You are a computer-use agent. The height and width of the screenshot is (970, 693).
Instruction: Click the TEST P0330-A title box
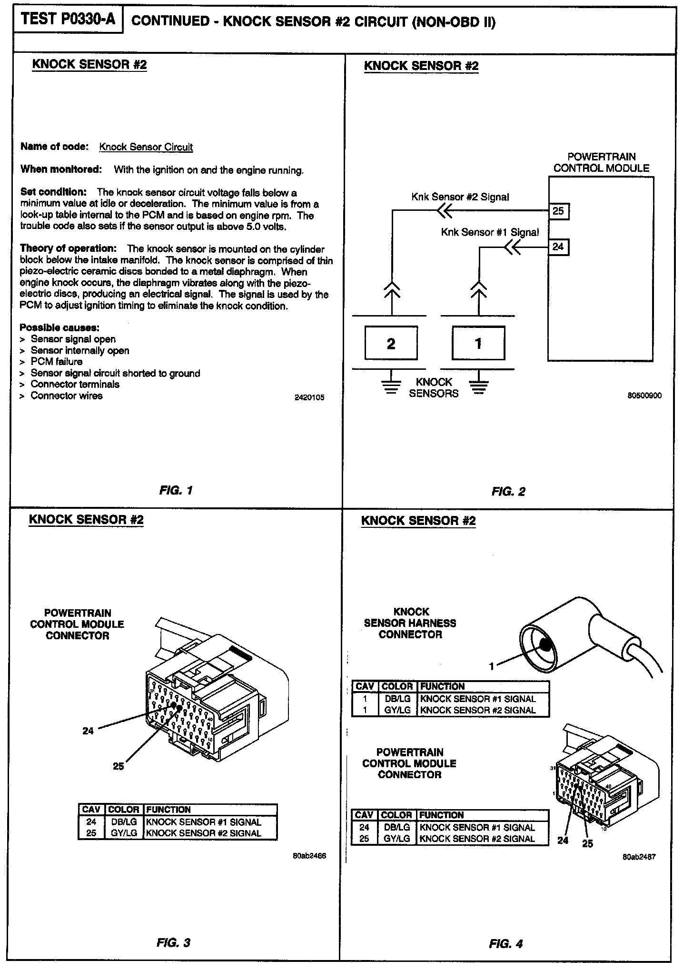[x=68, y=20]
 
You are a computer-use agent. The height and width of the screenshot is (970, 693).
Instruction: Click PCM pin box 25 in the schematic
[x=558, y=211]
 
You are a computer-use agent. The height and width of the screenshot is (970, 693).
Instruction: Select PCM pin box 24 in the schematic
[x=558, y=247]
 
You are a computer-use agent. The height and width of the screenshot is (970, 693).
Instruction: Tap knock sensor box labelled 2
[x=391, y=343]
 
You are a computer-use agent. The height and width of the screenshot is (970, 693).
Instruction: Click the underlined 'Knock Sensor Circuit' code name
[x=146, y=147]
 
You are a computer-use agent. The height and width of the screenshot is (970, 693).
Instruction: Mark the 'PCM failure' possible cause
[x=56, y=362]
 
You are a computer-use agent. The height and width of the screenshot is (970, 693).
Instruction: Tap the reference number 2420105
[x=309, y=397]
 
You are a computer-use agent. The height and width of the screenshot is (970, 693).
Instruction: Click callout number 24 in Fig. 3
[x=88, y=731]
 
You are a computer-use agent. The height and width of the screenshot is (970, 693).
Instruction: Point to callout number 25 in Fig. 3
[x=118, y=766]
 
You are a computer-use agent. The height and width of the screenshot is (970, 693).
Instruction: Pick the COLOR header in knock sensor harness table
[x=397, y=686]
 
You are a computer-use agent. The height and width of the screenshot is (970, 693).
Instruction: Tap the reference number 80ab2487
[x=639, y=857]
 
